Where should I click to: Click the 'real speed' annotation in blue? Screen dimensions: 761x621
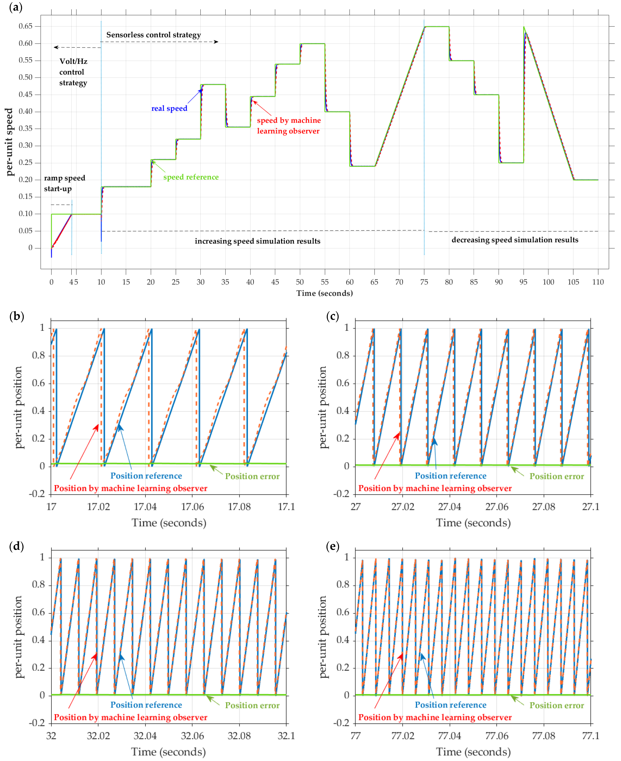pos(169,108)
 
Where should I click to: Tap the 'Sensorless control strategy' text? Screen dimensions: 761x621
pos(153,35)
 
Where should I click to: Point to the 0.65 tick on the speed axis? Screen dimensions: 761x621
pos(25,26)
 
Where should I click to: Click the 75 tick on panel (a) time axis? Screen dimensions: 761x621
pos(424,282)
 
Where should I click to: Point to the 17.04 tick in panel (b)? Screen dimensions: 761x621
pos(145,507)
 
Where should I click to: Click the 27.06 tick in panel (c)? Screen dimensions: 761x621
pos(497,507)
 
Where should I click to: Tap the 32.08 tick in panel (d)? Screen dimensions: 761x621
pos(239,736)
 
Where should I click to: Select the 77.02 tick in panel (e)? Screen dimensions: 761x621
pos(402,736)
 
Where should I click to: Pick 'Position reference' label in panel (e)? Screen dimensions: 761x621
pos(450,705)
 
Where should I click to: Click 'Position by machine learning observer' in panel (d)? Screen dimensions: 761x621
pos(131,717)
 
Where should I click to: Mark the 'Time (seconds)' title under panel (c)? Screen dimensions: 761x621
pos(473,523)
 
